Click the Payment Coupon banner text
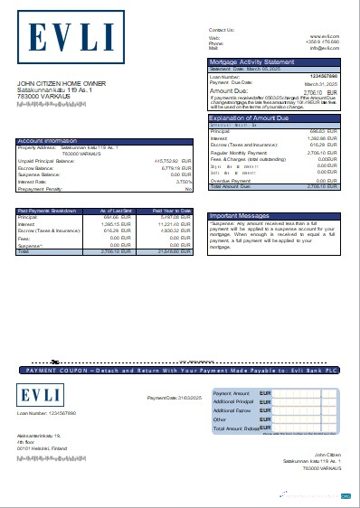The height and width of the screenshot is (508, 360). [181, 371]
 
